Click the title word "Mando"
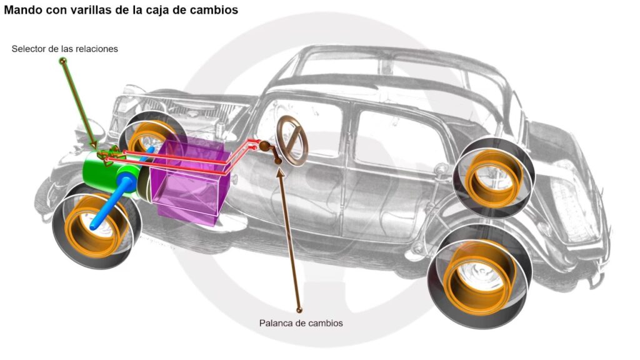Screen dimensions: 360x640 pyautogui.click(x=23, y=11)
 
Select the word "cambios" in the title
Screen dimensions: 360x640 pyautogui.click(x=216, y=11)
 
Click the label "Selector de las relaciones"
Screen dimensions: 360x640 pyautogui.click(x=64, y=48)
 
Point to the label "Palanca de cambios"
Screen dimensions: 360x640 pyautogui.click(x=301, y=323)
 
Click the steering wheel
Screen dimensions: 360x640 pyautogui.click(x=292, y=139)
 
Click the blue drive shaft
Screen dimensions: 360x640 pyautogui.click(x=116, y=200)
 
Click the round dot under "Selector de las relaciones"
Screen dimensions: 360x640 pyautogui.click(x=62, y=61)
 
